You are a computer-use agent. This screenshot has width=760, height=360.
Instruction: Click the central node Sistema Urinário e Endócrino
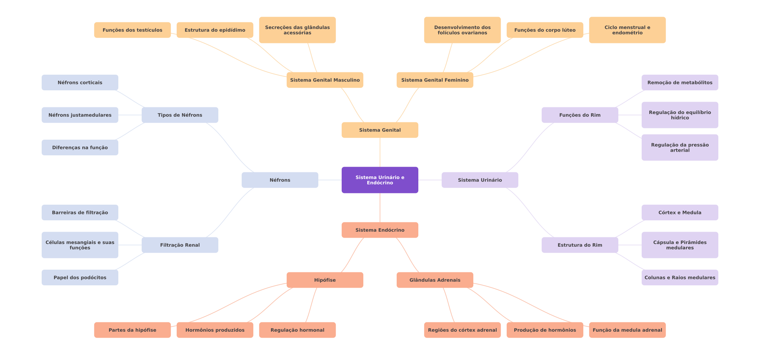380,180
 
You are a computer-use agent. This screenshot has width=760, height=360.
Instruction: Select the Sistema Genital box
380,130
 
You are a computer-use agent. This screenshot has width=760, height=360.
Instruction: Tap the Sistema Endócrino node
380,230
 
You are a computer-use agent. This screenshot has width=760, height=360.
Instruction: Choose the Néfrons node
280,180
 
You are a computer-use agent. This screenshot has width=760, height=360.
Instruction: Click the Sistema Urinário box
480,180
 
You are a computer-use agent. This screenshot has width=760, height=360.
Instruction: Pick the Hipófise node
325,280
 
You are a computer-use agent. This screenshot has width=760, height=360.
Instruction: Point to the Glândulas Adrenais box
435,280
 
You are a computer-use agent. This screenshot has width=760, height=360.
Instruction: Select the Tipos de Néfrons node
180,115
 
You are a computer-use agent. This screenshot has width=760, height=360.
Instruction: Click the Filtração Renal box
180,245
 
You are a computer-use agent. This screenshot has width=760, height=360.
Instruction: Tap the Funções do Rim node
580,115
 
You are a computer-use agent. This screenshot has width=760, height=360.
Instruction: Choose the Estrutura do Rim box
580,245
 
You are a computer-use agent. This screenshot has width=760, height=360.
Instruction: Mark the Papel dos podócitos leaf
80,277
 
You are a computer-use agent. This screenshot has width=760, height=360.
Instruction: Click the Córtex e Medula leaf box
680,212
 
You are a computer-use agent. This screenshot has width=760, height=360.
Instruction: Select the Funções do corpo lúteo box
545,30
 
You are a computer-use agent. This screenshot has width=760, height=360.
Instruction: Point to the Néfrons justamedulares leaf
80,115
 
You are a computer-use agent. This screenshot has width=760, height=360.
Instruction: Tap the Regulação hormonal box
297,330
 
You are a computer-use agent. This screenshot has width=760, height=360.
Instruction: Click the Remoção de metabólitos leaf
680,82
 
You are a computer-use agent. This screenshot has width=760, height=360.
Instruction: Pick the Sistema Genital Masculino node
325,80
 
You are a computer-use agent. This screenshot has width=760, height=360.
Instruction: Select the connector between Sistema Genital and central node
380,152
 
